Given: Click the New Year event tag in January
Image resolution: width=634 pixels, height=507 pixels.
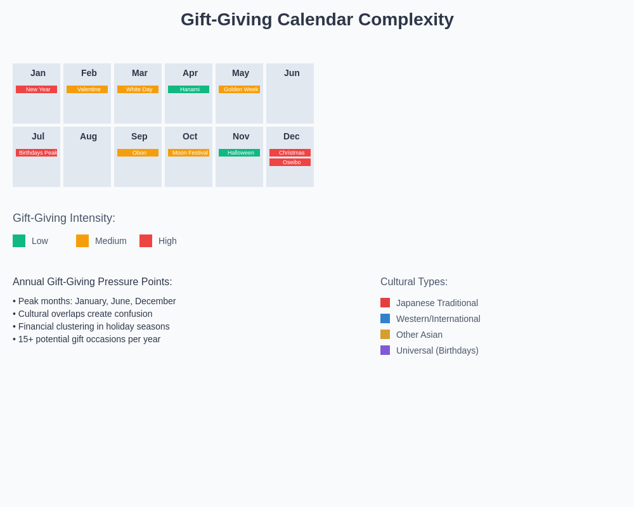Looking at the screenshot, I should [36, 89].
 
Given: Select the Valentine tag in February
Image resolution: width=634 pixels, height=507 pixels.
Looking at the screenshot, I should [87, 89].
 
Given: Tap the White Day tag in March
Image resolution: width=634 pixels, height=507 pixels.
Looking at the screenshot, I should [138, 89].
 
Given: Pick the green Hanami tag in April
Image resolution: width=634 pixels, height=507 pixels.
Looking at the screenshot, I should [188, 89].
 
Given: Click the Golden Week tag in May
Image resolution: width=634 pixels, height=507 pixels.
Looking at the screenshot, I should [239, 89].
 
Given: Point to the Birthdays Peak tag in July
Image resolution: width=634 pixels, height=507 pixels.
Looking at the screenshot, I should [36, 153].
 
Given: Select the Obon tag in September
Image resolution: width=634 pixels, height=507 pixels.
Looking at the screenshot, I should [138, 153].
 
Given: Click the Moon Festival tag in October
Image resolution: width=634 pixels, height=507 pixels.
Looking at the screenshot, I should [188, 153].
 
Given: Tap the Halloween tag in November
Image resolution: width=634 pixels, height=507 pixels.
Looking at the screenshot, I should [239, 153].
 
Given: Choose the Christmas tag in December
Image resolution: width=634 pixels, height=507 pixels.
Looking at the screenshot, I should [290, 153].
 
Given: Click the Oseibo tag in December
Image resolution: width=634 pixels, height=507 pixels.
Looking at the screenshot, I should [290, 162].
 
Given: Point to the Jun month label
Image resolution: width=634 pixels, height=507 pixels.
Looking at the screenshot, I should [292, 73].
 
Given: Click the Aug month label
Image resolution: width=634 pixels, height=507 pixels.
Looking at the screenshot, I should [88, 136].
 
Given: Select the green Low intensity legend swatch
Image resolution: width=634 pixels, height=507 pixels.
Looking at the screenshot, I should [19, 241].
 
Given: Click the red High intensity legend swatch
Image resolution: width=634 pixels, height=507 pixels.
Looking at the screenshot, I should [146, 241].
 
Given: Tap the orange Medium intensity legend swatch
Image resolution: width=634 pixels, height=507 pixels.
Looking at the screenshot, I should [82, 241].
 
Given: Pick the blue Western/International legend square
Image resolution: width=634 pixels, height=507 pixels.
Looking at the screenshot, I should [385, 319].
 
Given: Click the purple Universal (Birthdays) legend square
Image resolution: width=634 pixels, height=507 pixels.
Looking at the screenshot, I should [385, 350].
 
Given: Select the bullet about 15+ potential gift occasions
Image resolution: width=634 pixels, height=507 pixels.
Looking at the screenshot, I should [87, 339].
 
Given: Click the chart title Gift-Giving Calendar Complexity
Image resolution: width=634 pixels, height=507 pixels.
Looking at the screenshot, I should [317, 20].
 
